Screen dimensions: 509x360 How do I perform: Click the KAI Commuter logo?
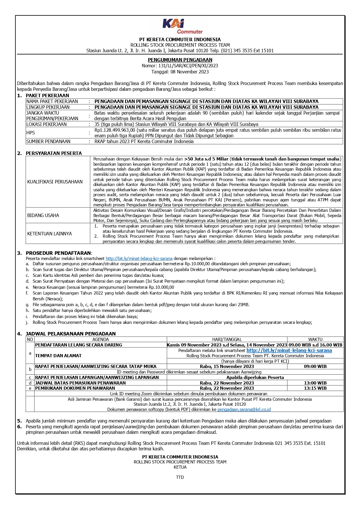coord(182,26)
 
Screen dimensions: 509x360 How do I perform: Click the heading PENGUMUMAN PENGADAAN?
coord(180,60)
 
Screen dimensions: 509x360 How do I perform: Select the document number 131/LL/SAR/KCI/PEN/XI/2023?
coord(188,66)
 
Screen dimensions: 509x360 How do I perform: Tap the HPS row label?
coord(30,133)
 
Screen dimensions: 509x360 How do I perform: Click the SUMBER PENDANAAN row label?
coord(48,141)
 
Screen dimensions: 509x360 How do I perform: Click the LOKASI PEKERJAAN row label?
coord(46,124)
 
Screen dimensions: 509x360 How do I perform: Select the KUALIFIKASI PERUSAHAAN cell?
coord(55,182)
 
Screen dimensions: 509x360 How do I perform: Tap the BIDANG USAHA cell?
coord(43,215)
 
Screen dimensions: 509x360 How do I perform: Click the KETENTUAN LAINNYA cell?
coord(50,234)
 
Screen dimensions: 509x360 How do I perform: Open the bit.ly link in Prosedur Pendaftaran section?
coord(139,258)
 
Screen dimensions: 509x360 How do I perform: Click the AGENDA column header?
coord(100,339)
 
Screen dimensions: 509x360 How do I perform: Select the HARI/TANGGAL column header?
coord(227,339)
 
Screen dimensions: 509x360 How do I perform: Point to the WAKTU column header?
coord(315,339)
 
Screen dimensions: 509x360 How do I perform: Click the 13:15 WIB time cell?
coord(315,388)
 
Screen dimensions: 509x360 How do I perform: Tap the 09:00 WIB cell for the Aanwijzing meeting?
coord(315,367)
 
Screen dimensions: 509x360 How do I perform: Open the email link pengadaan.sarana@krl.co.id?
coord(244,409)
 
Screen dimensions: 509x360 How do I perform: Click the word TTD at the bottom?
coord(180,477)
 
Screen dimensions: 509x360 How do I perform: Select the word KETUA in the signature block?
coord(180,467)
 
